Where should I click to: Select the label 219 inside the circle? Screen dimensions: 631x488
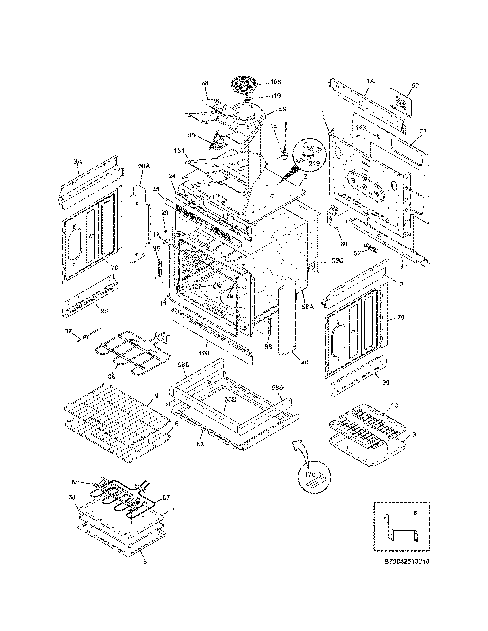[x=314, y=163]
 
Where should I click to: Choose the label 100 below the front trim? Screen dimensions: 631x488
[x=204, y=353]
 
